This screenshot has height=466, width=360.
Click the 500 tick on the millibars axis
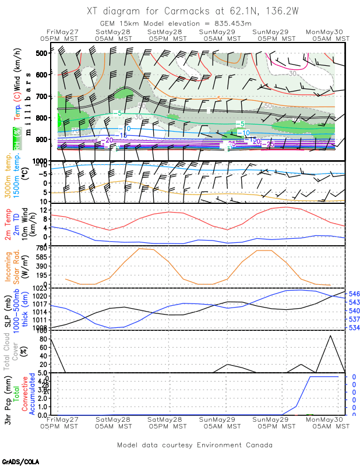pyautogui.click(x=41, y=54)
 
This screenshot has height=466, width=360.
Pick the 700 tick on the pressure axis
pyautogui.click(x=41, y=96)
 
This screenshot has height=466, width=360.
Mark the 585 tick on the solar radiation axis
pyautogui.click(x=41, y=257)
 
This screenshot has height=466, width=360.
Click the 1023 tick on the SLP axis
pyautogui.click(x=40, y=288)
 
